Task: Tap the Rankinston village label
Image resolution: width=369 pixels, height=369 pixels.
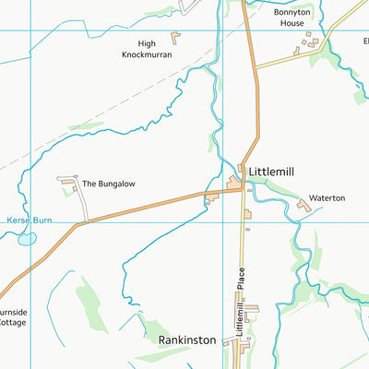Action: coord(186,339)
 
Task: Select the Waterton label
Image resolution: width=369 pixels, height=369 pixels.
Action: coord(327,198)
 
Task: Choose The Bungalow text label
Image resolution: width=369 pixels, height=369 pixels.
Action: coord(102,184)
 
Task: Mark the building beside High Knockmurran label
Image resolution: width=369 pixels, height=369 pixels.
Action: coord(175,37)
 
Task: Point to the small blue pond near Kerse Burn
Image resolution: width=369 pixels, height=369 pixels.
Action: coord(27,238)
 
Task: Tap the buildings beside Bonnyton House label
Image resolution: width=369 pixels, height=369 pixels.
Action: coord(315,42)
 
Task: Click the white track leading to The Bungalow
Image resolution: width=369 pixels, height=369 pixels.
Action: coord(82,206)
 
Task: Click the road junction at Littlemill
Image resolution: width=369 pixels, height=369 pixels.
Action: coord(244,187)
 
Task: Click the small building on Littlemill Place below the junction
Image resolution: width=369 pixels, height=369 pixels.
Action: coord(247,215)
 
